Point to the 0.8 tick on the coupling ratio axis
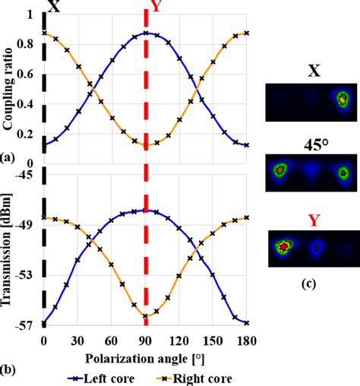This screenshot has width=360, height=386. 31,45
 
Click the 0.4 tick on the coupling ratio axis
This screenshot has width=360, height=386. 31,103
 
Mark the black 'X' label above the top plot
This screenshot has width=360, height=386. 53,7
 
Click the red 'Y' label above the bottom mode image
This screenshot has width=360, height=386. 311,221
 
